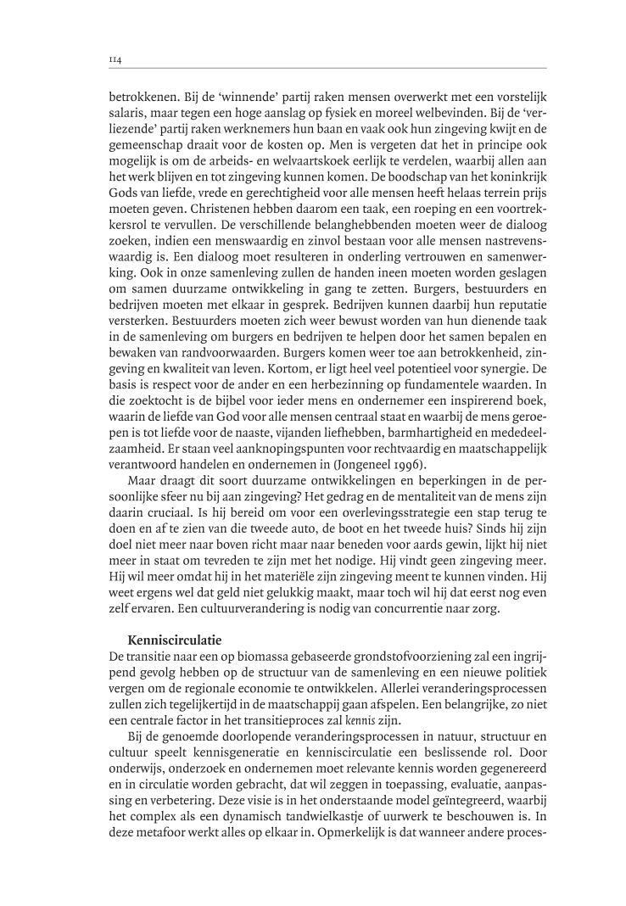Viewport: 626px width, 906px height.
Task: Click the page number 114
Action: click(115, 60)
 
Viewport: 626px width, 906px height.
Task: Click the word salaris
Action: click(129, 126)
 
